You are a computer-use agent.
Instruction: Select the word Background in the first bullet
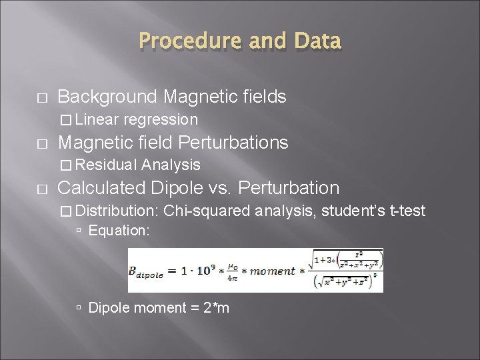107,97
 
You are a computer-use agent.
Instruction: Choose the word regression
161,120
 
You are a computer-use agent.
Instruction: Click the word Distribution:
117,211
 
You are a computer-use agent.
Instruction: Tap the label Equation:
119,231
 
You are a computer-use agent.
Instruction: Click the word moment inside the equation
271,271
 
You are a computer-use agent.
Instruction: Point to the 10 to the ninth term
201,269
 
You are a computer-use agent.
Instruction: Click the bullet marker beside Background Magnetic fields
42,98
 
